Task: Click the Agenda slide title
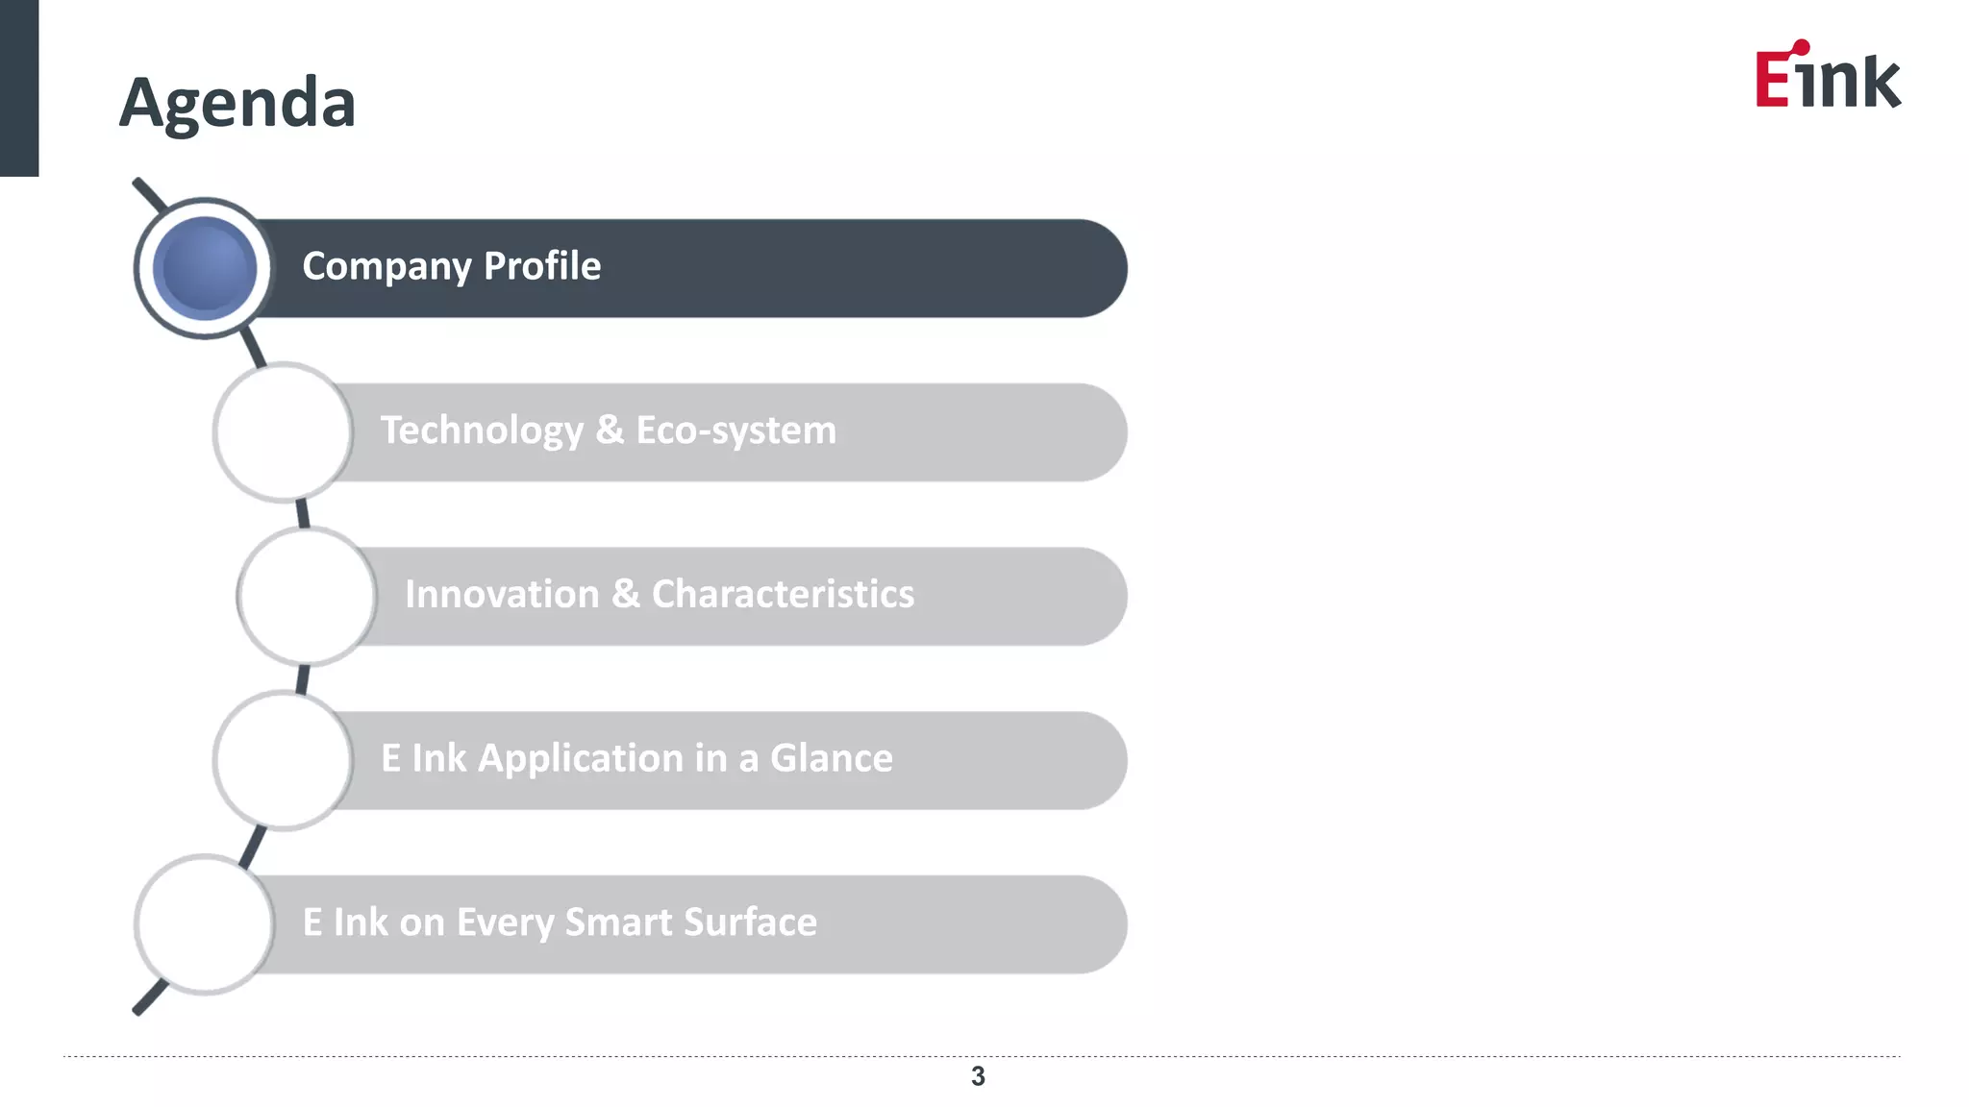(237, 103)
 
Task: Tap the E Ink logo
(1827, 77)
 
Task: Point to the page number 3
(978, 1076)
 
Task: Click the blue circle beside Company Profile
(205, 268)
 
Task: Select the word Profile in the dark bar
(542, 266)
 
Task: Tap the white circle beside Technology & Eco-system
(283, 432)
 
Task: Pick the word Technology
(482, 430)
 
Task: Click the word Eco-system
(736, 430)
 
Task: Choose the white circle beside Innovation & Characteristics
(307, 596)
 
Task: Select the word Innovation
(502, 594)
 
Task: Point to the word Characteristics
(783, 594)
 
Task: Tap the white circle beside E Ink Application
(283, 760)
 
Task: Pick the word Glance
(832, 758)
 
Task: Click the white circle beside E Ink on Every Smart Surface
(205, 924)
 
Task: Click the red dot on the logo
(1801, 48)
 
